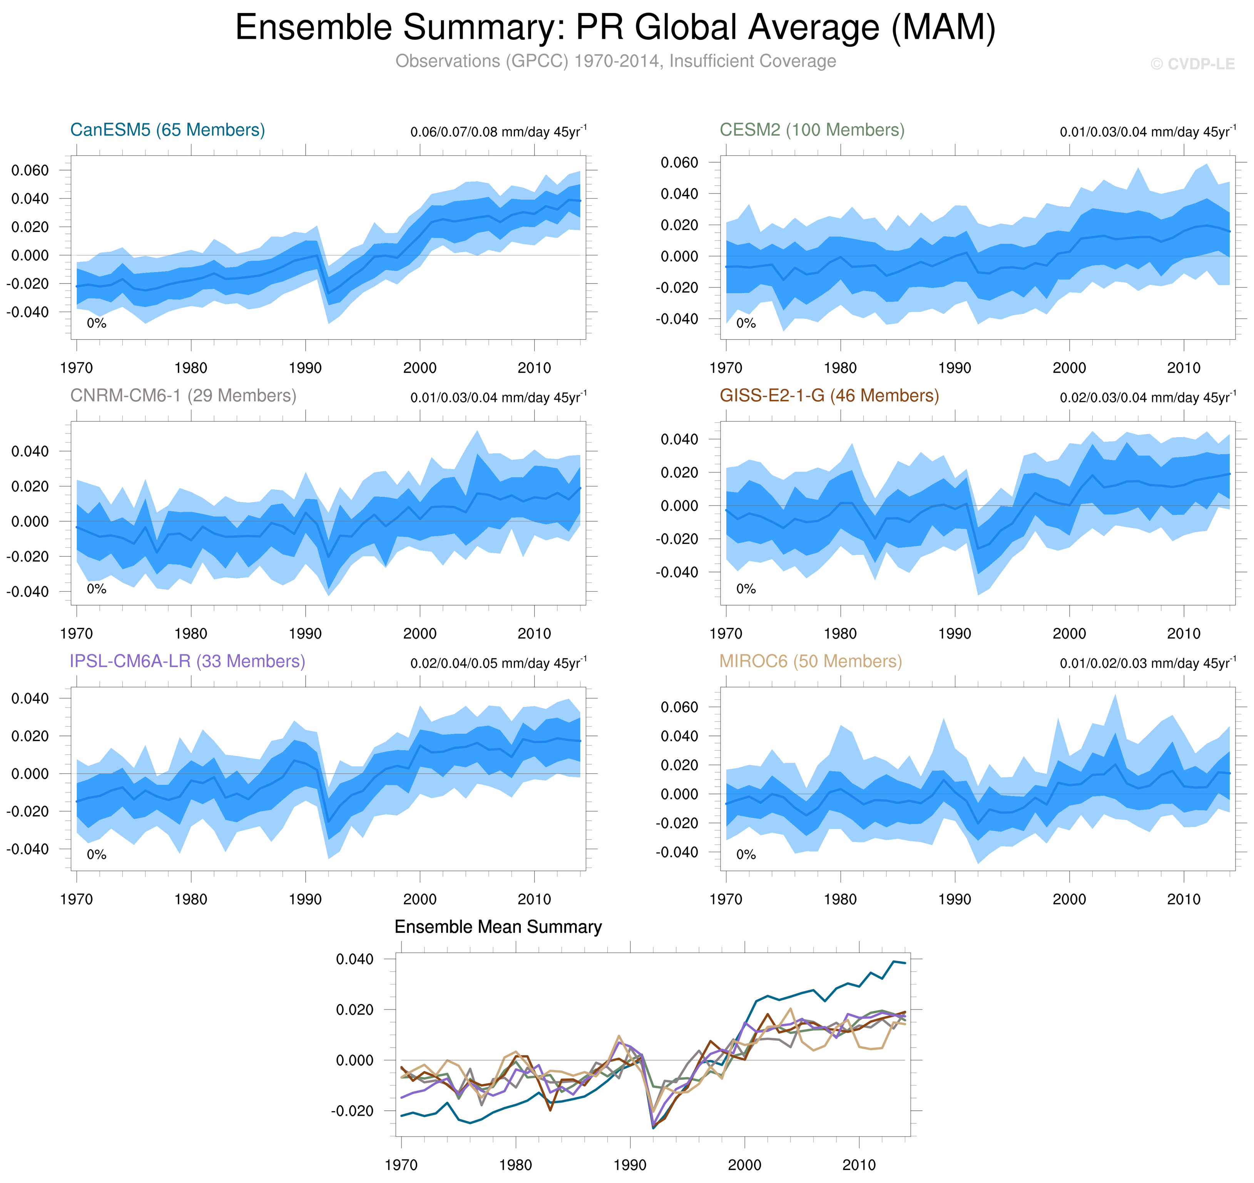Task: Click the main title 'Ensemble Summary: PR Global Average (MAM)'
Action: pos(615,28)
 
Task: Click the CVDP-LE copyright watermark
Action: pos(1192,64)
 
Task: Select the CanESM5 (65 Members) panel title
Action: pos(167,130)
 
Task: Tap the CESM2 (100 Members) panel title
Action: pos(812,130)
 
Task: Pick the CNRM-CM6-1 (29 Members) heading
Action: pos(183,395)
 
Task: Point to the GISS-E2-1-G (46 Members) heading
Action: pos(829,395)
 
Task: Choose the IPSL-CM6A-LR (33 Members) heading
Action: pos(187,661)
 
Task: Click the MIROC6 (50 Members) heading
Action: pos(811,661)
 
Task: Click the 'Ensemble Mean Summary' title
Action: pos(498,926)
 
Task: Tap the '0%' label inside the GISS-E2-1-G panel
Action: pos(746,589)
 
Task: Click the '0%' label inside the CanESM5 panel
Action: pos(97,324)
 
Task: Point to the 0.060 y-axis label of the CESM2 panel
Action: pos(679,163)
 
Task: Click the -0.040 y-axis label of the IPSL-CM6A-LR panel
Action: pos(28,849)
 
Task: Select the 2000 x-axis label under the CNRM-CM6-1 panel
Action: pos(420,634)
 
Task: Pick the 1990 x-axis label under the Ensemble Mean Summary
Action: pos(630,1165)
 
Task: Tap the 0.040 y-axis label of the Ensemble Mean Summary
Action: pos(354,959)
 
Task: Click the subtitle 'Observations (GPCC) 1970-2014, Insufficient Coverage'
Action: pos(615,61)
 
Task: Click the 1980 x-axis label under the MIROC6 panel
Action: pos(840,899)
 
